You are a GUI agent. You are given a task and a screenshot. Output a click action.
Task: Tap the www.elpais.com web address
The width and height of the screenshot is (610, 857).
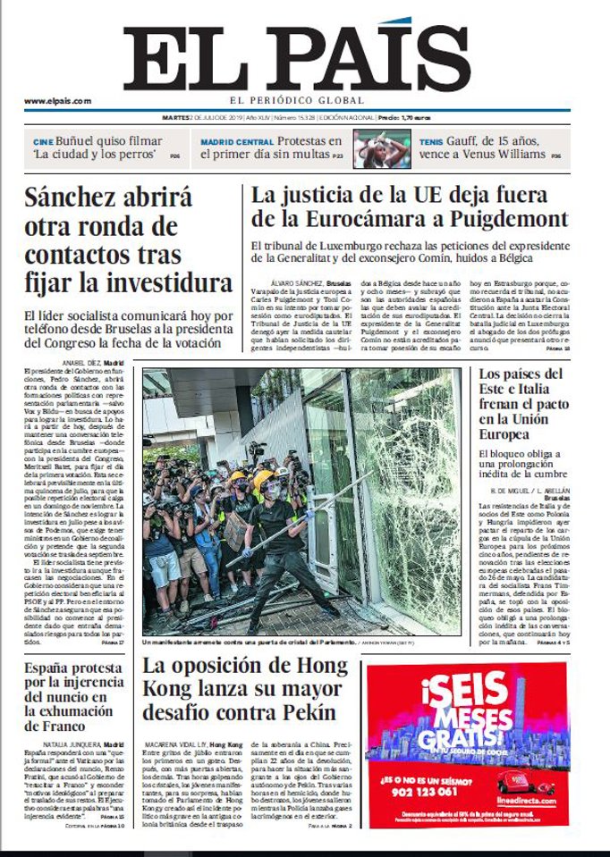[57, 101]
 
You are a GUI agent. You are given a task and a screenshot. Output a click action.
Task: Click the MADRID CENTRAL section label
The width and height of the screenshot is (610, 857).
[236, 142]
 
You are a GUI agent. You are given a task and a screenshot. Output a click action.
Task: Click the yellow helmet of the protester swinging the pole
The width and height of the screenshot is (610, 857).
[263, 479]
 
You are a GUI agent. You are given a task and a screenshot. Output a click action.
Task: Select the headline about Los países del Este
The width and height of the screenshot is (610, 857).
[533, 404]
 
